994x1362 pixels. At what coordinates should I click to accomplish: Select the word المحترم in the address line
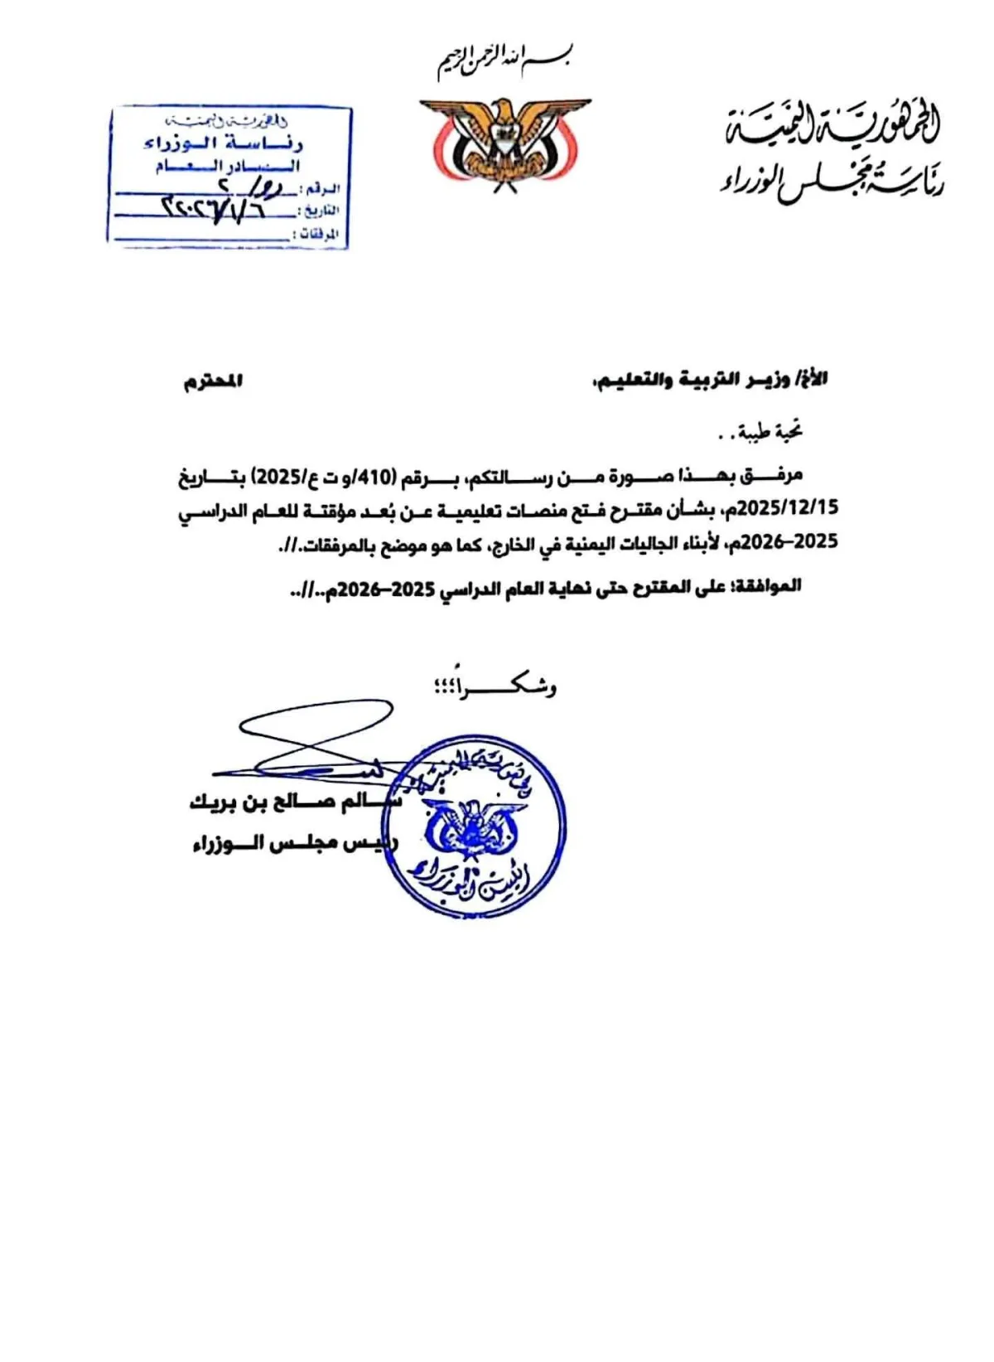pos(214,382)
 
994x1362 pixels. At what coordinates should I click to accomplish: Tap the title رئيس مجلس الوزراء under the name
pos(294,843)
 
